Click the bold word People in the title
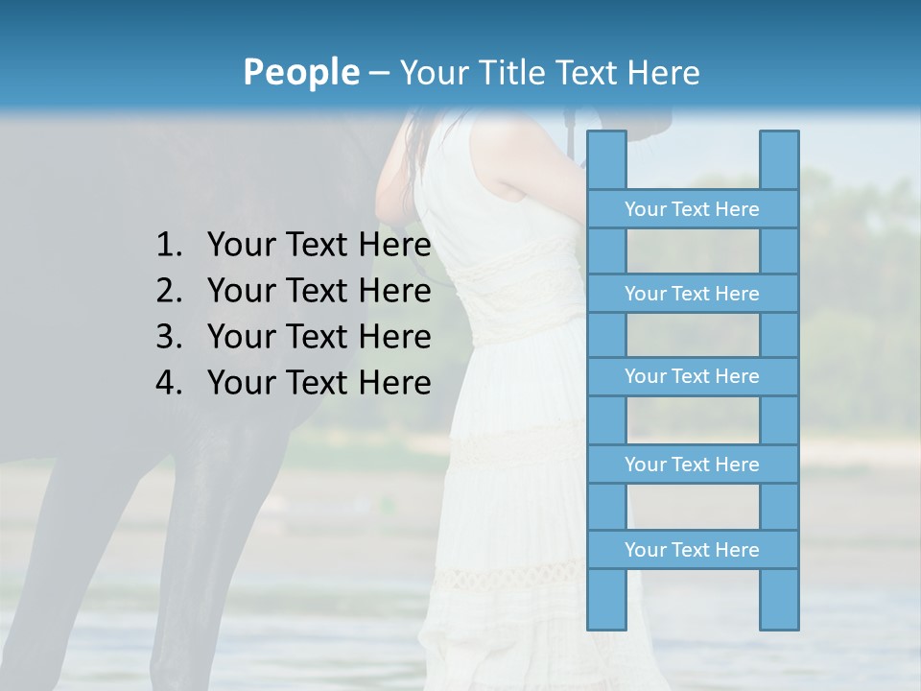(299, 72)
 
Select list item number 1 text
(319, 245)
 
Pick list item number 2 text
(319, 291)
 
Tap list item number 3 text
(319, 337)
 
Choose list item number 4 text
(319, 383)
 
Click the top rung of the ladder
(692, 209)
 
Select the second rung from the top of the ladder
(692, 294)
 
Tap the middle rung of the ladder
(692, 376)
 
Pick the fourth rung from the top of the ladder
(692, 465)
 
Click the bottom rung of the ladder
(692, 550)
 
